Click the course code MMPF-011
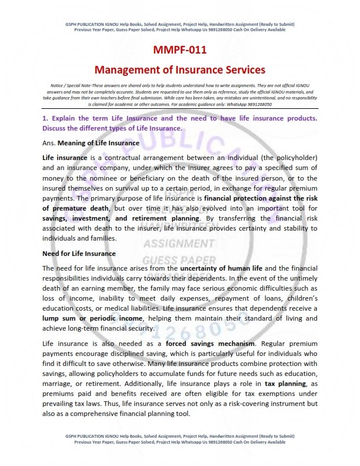click(180, 51)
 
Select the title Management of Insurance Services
click(180, 70)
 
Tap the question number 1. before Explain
click(45, 118)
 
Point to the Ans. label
click(49, 143)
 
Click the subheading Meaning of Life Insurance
click(98, 143)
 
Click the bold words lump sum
click(59, 318)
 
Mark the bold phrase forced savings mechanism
click(202, 343)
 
